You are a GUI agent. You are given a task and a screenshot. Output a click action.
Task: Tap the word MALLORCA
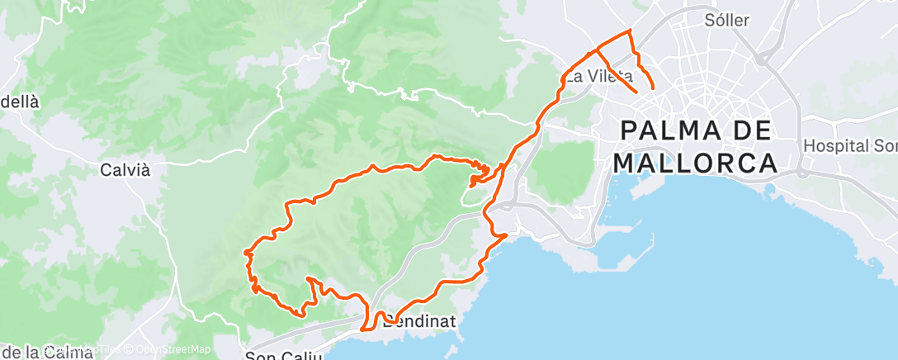(x=695, y=162)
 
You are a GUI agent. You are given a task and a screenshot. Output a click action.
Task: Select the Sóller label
(x=727, y=20)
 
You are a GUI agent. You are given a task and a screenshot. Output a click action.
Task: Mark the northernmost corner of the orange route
(x=630, y=31)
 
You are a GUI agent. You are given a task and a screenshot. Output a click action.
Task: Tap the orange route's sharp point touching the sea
(x=505, y=235)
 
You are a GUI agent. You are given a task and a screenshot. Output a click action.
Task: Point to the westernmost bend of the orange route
(x=246, y=253)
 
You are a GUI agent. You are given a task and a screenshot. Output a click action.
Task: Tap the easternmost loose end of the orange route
(x=653, y=87)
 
